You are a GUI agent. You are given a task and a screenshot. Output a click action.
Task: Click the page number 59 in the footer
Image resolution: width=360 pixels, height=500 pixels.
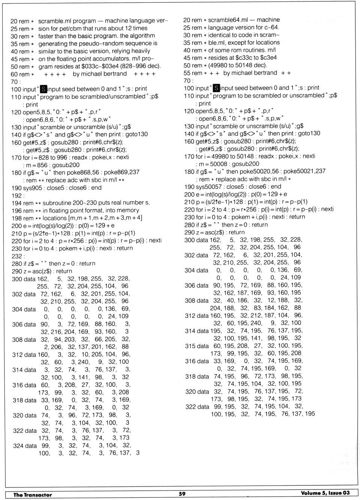182,494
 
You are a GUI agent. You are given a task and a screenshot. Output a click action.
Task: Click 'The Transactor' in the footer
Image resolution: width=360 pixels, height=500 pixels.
33,495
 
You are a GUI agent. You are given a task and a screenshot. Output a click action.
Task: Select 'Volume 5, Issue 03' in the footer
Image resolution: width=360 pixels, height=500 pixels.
325,493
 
